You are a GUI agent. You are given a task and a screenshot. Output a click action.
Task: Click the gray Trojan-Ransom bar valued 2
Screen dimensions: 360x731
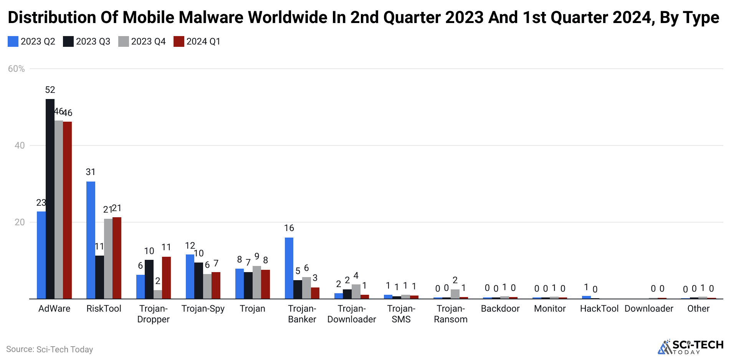coord(455,294)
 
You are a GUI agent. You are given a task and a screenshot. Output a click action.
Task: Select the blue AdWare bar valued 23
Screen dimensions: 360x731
coord(41,255)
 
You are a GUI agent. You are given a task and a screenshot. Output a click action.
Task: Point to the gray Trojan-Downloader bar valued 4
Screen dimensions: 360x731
coord(356,291)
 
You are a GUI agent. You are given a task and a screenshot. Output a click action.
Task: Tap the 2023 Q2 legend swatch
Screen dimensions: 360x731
coord(13,41)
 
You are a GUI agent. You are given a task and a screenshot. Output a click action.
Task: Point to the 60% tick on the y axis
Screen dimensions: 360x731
coord(16,69)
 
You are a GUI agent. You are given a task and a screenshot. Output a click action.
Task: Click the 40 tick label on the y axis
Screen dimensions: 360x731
coord(20,145)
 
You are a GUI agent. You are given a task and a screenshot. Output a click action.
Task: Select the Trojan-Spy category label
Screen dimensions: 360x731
coord(203,309)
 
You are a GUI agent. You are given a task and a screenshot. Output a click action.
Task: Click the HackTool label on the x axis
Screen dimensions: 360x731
coord(599,309)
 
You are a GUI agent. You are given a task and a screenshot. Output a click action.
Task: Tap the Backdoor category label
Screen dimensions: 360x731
coord(500,309)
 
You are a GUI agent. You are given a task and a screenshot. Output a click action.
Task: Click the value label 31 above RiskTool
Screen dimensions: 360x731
coord(91,172)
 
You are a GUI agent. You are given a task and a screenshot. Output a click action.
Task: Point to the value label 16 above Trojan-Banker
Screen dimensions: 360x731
coord(289,228)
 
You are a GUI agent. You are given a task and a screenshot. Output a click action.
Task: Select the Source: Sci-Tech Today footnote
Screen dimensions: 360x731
coord(50,349)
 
